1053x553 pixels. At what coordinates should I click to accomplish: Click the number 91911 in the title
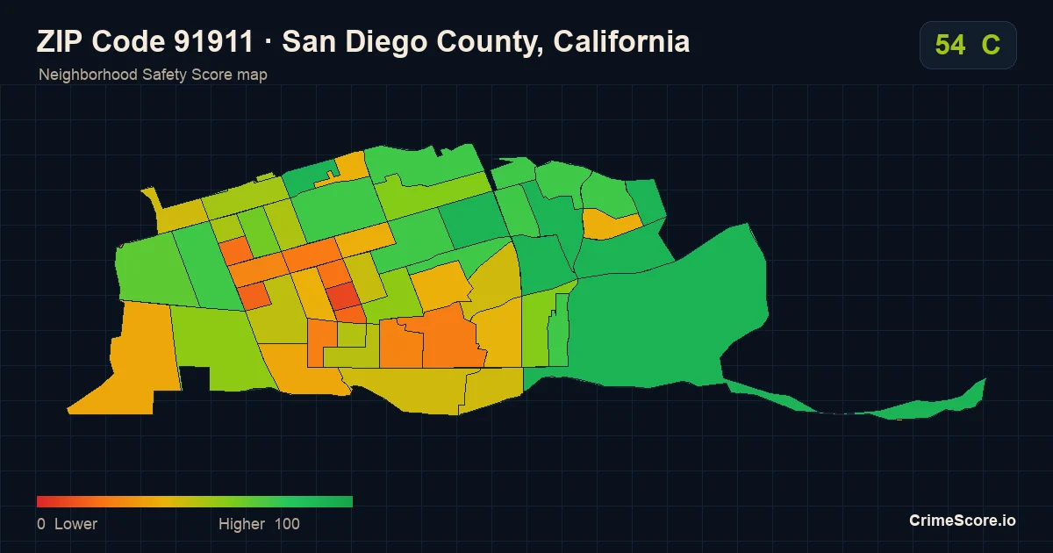click(x=213, y=41)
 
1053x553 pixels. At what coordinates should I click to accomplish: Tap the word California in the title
click(x=621, y=41)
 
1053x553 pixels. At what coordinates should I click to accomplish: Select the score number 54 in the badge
click(x=950, y=45)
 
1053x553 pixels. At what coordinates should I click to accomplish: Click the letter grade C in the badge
click(x=991, y=45)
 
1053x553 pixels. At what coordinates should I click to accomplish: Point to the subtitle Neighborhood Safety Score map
click(x=153, y=75)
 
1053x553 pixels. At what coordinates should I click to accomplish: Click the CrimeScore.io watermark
click(x=963, y=521)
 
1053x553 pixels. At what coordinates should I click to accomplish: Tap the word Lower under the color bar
click(x=75, y=524)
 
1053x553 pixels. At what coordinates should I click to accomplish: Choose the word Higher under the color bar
click(x=241, y=524)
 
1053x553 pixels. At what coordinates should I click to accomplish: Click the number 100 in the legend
click(x=287, y=524)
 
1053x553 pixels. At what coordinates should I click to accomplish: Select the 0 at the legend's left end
click(x=41, y=524)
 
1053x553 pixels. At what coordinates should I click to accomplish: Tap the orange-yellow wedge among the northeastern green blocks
click(x=609, y=224)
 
